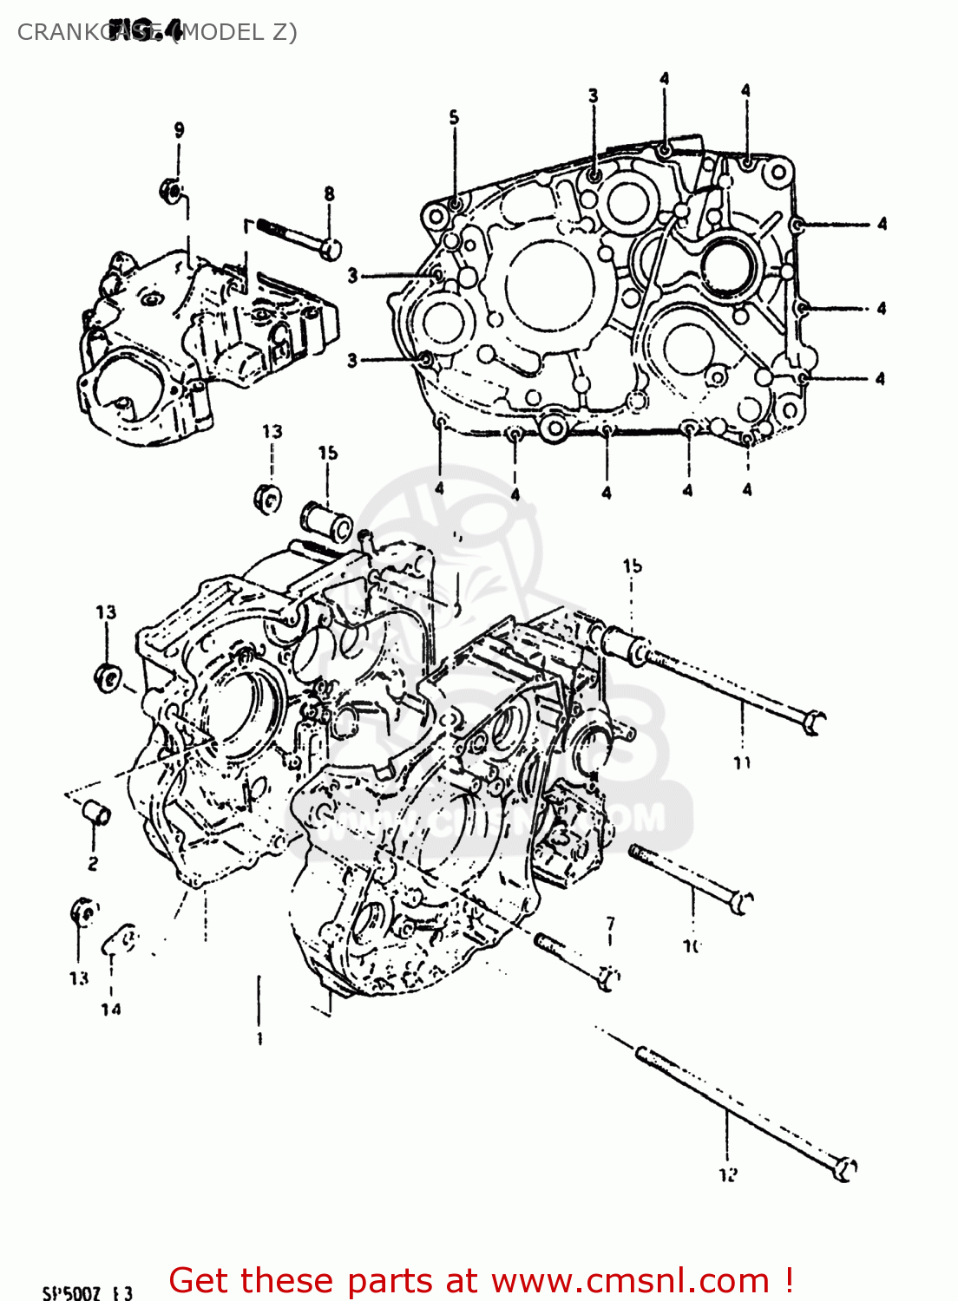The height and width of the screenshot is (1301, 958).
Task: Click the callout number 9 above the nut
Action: click(179, 130)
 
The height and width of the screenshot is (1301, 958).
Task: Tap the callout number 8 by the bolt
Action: click(329, 194)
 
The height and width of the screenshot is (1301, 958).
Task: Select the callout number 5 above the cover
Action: click(454, 117)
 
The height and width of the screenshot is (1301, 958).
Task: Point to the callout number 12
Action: click(727, 1174)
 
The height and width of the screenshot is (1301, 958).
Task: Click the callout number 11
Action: click(742, 762)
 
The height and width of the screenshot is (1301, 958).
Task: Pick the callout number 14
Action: click(110, 1009)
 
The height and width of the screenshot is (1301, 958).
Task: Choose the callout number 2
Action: click(92, 863)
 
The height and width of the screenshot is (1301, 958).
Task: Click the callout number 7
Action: click(610, 923)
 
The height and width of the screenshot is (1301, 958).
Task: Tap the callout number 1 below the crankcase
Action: click(259, 1037)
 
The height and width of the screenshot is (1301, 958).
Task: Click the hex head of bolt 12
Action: click(844, 1168)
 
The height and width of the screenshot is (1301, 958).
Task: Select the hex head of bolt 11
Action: click(813, 722)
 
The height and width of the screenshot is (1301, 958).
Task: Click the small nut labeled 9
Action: click(170, 190)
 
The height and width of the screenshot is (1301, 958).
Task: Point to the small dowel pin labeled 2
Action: click(95, 814)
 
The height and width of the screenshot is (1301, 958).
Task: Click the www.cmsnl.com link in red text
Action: click(631, 1280)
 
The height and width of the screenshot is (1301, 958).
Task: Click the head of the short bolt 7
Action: click(608, 978)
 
